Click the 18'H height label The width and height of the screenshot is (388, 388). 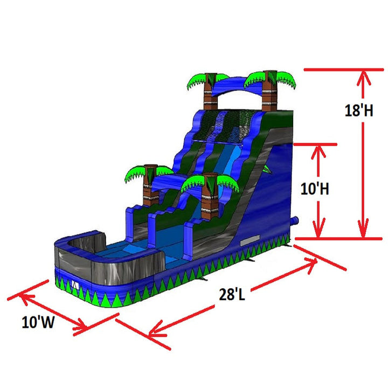pos(356,110)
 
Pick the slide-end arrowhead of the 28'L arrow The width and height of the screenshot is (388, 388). pos(311,262)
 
